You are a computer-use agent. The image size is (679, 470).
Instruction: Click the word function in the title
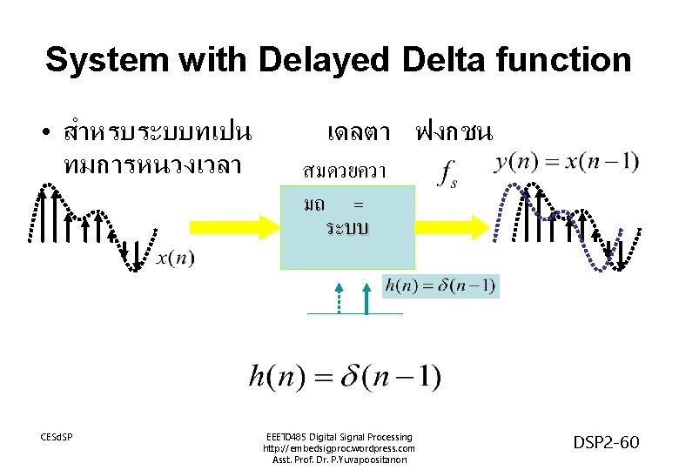(566, 61)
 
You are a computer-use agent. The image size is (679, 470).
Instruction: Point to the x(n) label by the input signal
(176, 258)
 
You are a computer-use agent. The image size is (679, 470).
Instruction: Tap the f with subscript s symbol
(447, 172)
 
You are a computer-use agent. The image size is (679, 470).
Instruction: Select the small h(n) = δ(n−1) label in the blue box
(441, 285)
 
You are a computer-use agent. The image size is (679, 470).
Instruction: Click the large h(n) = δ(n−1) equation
(346, 377)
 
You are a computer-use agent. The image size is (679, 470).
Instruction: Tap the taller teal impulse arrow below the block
(367, 296)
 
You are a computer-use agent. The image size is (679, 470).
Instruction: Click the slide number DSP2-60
(606, 443)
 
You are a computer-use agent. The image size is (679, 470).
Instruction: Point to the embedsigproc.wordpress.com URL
(339, 448)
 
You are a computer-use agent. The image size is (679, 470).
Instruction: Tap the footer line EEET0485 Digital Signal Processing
(339, 437)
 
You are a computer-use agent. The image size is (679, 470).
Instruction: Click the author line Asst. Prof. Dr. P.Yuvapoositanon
(339, 460)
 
